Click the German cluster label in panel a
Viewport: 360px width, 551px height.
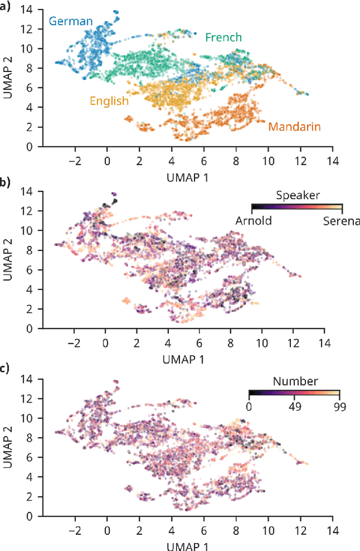coord(70,21)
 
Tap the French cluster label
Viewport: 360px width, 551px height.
coord(223,38)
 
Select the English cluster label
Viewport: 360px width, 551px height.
coord(109,101)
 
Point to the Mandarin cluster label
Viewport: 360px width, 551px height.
coord(294,127)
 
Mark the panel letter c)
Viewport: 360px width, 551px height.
coord(6,369)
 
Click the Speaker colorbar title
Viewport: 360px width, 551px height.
coord(298,195)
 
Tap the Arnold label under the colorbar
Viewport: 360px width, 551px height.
coord(253,221)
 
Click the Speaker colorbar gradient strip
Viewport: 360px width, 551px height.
coord(296,207)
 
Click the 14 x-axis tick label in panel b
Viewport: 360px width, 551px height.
coord(323,342)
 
